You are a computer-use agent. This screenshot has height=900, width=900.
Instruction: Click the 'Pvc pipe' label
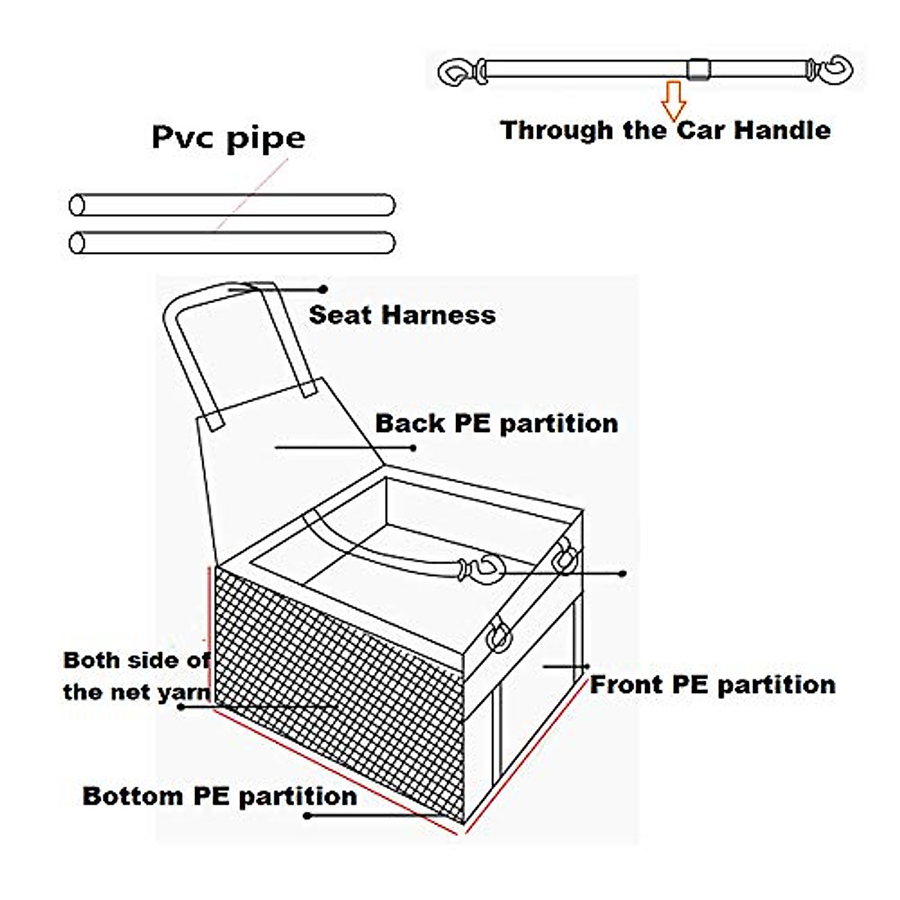tap(229, 138)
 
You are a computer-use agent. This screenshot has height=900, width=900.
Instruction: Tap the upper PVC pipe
tap(232, 205)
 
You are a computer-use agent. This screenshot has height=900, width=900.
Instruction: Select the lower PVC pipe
tap(232, 243)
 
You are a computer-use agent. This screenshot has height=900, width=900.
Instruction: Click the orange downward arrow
tap(673, 100)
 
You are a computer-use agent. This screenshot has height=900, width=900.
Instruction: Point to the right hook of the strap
tap(835, 70)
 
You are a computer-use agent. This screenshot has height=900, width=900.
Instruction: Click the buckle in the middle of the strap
tap(698, 70)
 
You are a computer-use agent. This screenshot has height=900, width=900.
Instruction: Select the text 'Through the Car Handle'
tap(665, 130)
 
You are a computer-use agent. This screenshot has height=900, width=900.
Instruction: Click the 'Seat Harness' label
tap(402, 314)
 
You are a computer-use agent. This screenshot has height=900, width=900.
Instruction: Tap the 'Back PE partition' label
tap(496, 423)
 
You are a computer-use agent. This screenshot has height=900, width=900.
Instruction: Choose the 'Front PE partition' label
tap(712, 685)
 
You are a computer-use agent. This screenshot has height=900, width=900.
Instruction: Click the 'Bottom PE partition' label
tap(220, 796)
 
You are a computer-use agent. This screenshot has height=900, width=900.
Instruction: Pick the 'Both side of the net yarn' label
tap(136, 676)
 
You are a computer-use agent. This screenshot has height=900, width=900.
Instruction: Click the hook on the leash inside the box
tap(486, 569)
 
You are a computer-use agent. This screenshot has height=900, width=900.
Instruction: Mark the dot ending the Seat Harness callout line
tap(323, 289)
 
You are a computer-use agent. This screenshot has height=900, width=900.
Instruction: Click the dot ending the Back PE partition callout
tap(413, 448)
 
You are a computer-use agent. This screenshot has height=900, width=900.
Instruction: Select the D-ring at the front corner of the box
tap(499, 636)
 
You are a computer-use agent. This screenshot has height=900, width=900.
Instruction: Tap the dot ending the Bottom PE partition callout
tap(307, 815)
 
